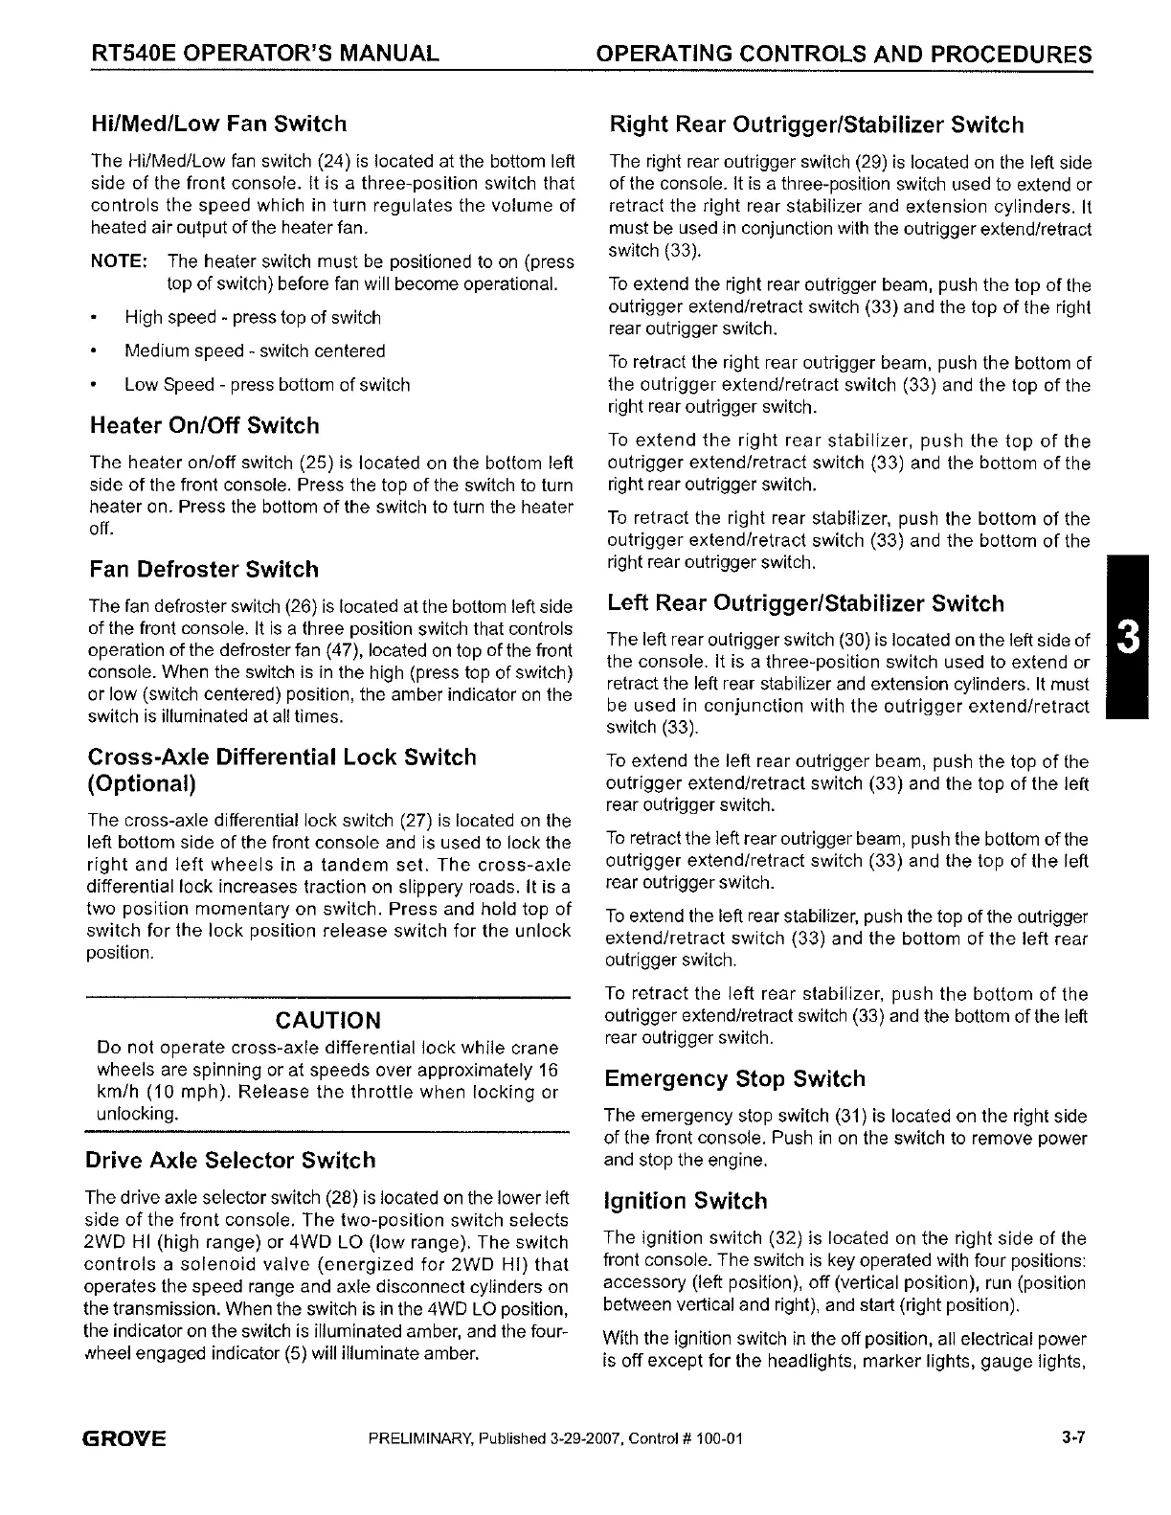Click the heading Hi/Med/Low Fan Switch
tap(217, 124)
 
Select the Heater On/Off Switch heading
tap(204, 426)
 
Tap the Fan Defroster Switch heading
tap(204, 570)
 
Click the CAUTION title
tap(327, 1021)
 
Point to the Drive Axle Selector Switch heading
tap(231, 1162)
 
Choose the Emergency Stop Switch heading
tap(735, 1079)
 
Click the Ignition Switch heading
tap(686, 1202)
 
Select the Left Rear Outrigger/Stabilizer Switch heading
tap(806, 604)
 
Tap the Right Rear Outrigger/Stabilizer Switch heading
tap(817, 125)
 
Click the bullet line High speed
tap(253, 318)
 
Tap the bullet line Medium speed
tap(255, 351)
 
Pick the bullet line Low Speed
tap(267, 385)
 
